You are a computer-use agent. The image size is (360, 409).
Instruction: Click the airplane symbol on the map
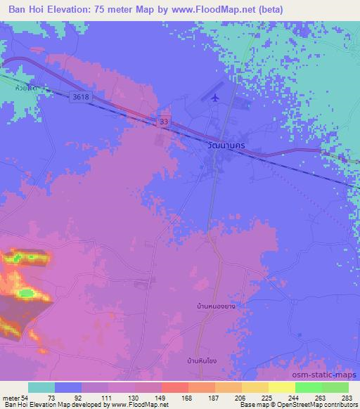(214, 96)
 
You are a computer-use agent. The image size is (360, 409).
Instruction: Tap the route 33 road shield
(164, 122)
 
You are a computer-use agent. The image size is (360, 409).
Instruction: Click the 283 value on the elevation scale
(349, 398)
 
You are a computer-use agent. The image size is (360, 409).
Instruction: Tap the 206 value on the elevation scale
(241, 398)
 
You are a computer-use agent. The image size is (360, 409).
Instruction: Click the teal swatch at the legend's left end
(41, 387)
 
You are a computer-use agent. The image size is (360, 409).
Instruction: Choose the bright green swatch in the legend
(309, 387)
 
